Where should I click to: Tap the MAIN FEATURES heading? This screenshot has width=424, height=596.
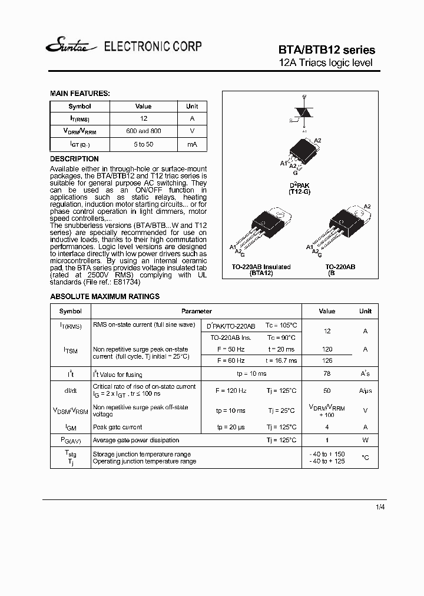click(79, 94)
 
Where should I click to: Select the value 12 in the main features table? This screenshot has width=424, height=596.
click(144, 118)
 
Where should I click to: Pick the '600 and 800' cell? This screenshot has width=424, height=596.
click(144, 131)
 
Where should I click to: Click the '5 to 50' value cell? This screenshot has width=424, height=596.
click(144, 144)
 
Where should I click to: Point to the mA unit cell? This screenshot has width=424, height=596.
click(192, 144)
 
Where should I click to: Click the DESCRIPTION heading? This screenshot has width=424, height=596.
click(74, 159)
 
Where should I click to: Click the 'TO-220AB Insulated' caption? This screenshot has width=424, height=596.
click(261, 267)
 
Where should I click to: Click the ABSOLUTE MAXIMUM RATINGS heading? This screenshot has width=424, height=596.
click(105, 297)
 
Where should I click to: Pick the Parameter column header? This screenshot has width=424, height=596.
click(196, 311)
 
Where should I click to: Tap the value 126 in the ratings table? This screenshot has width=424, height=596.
click(327, 360)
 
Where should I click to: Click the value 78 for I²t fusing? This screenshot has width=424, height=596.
click(327, 374)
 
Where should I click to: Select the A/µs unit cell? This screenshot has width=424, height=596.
click(365, 390)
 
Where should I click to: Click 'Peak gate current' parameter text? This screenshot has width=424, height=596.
click(118, 427)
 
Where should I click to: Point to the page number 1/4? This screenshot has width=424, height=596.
click(380, 506)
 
